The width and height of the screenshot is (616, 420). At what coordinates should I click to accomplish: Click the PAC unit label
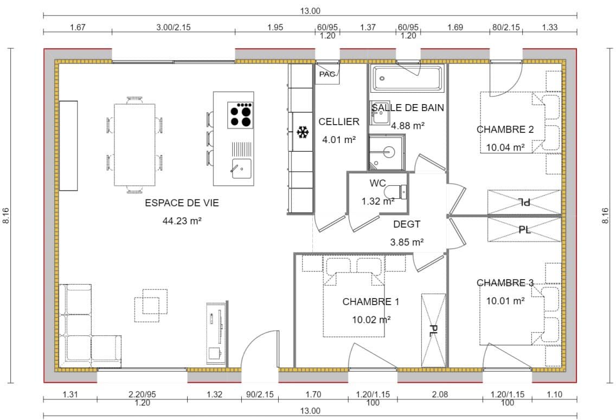coord(328,74)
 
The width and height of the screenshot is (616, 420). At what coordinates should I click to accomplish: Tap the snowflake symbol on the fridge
coord(303,132)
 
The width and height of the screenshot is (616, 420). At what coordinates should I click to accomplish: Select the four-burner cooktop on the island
coord(240,115)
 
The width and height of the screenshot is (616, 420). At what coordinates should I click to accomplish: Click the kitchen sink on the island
coord(242,168)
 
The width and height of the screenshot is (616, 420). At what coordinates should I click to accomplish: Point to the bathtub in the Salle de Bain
coord(407,79)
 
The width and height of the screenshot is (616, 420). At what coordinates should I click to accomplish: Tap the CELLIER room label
coord(339,122)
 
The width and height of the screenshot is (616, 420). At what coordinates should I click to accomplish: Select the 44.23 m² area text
coord(182,221)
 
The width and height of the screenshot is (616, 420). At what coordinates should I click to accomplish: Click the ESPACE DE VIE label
coord(182,203)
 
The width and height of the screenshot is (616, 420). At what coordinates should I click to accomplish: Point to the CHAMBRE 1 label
coord(370,301)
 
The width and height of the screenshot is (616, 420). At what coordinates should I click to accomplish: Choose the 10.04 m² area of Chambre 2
coord(505,147)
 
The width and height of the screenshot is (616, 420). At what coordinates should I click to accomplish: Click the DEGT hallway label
coord(407,224)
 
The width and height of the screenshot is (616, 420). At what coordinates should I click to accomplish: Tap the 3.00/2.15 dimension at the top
coord(174,28)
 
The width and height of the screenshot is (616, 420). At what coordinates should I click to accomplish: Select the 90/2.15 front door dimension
coord(260,394)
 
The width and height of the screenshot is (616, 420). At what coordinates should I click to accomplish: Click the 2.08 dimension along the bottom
coord(440,394)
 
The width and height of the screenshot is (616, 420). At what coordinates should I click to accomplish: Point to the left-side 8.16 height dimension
coord(6,216)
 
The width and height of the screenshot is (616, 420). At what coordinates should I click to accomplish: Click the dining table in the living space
coord(134,145)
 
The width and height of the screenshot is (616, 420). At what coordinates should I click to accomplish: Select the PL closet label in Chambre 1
coord(433,331)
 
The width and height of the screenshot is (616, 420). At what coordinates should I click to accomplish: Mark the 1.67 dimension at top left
coord(78,28)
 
